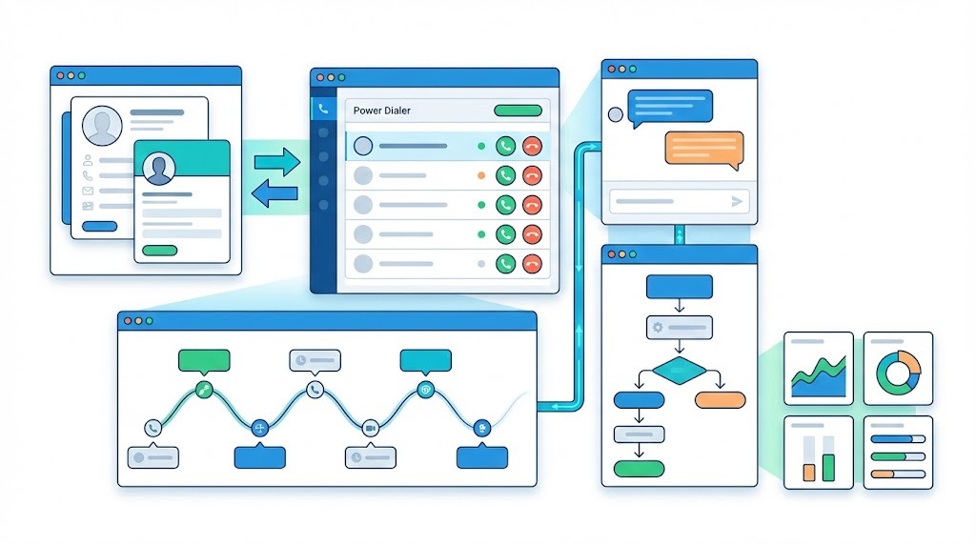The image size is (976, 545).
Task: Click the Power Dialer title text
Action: pyautogui.click(x=382, y=111)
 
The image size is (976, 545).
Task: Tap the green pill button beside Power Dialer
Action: pyautogui.click(x=518, y=111)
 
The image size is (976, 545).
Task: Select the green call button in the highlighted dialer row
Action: pyautogui.click(x=505, y=146)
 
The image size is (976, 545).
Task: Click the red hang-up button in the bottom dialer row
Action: pyautogui.click(x=532, y=264)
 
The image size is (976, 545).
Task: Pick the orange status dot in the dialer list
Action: pyautogui.click(x=481, y=175)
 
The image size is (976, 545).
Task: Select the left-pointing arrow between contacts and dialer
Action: pyautogui.click(x=277, y=194)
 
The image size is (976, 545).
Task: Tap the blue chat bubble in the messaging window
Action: pyautogui.click(x=671, y=105)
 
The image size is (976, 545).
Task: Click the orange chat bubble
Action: pyautogui.click(x=703, y=148)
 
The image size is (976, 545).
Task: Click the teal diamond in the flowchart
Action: pyautogui.click(x=679, y=371)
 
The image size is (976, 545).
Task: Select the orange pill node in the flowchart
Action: pyautogui.click(x=720, y=399)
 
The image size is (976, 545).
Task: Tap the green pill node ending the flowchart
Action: pyautogui.click(x=639, y=468)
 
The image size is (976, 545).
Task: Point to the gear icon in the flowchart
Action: pyautogui.click(x=656, y=327)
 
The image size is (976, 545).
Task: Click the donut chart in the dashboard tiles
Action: pyautogui.click(x=898, y=373)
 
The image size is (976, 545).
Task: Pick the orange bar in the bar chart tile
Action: pyautogui.click(x=809, y=471)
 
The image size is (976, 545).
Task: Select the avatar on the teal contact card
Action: pyautogui.click(x=159, y=168)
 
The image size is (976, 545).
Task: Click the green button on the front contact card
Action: pyautogui.click(x=159, y=251)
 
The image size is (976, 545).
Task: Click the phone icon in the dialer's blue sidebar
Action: pyautogui.click(x=324, y=109)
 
